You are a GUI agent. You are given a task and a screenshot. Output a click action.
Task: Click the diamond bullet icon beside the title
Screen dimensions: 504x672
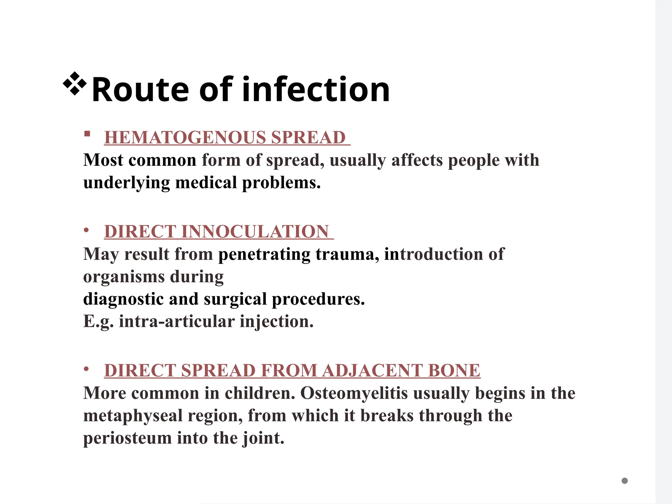click(x=75, y=84)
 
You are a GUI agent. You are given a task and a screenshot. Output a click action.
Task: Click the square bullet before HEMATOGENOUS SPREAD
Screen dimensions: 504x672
click(x=87, y=134)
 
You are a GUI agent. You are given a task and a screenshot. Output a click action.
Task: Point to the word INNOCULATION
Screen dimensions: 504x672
click(x=255, y=232)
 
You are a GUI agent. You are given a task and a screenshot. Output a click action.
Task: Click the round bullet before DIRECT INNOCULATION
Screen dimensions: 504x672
click(x=86, y=230)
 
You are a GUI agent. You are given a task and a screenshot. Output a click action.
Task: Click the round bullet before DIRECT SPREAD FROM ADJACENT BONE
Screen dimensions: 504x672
click(x=86, y=369)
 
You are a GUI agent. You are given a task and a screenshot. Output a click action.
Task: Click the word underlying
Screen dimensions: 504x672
click(x=127, y=183)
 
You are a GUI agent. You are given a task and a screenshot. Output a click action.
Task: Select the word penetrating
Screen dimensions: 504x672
click(x=264, y=254)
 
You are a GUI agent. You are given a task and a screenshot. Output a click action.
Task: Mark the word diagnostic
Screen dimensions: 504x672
click(x=123, y=299)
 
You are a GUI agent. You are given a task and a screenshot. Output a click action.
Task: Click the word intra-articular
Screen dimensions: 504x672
click(x=177, y=322)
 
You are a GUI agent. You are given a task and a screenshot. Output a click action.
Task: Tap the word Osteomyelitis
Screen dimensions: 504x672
click(x=354, y=393)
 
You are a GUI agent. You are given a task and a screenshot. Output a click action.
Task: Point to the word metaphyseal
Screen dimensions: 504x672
click(x=133, y=416)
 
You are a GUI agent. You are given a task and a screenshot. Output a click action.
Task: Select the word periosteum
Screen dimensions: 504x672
click(x=127, y=438)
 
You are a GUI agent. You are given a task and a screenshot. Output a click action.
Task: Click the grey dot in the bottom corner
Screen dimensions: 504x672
click(x=624, y=481)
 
